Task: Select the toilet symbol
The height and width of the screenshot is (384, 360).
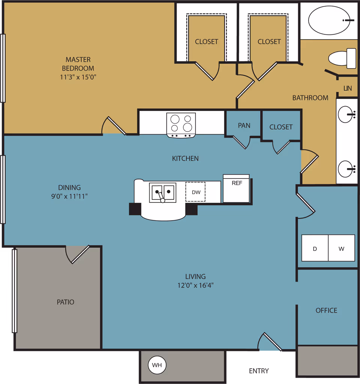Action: pos(342,58)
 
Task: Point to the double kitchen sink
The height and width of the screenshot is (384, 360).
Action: pos(162,192)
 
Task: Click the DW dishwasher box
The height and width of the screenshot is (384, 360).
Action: pos(195,192)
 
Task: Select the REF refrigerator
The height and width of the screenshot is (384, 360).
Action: pos(236,188)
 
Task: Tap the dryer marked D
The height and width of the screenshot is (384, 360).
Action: pos(315,248)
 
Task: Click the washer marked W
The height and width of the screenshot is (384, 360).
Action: pos(341,248)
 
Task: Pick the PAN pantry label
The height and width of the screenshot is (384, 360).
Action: pos(244,125)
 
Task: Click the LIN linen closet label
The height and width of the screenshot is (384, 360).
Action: pos(348,88)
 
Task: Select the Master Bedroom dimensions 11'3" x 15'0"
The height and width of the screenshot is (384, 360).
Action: pos(78,77)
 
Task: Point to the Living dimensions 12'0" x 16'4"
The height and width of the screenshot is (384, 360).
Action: pos(195,285)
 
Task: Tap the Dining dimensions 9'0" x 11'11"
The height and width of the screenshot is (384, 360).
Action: pos(69,196)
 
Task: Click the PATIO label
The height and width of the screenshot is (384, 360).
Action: pos(66,301)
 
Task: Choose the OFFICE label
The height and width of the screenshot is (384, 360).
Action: pos(326,310)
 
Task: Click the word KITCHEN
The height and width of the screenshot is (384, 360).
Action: pos(185,158)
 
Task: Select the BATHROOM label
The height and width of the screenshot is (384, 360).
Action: pos(310,97)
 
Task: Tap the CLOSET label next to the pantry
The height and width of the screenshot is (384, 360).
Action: pos(281,127)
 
